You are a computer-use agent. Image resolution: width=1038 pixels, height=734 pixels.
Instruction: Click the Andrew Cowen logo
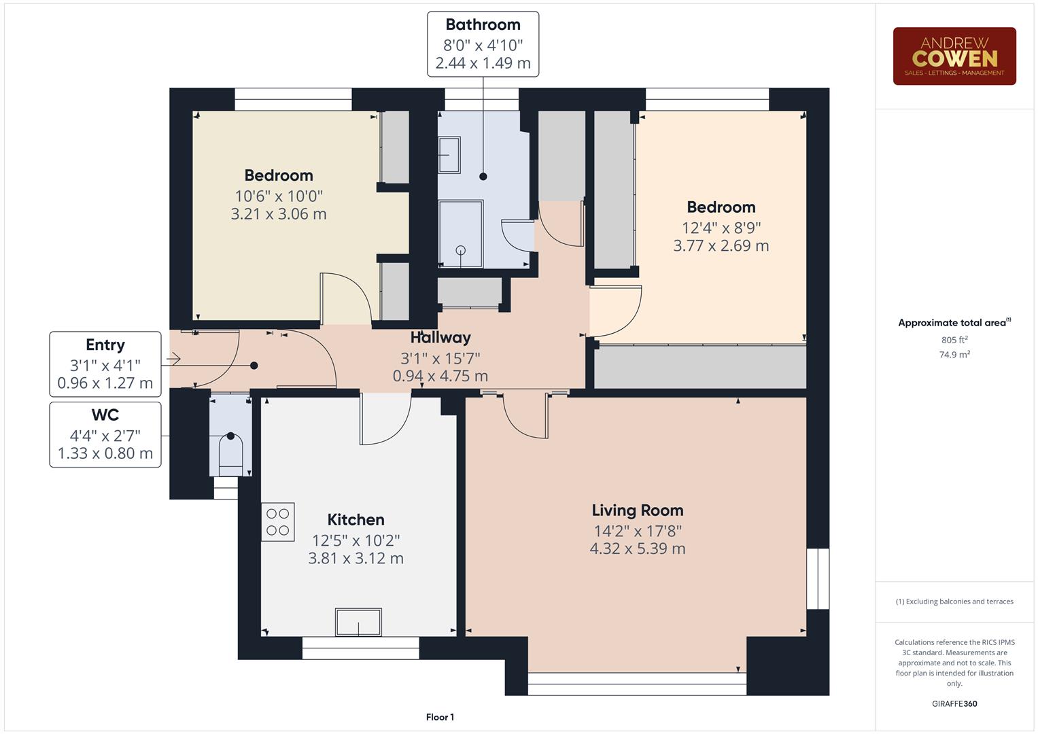(x=954, y=56)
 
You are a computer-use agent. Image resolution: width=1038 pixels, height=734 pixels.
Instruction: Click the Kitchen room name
(x=356, y=520)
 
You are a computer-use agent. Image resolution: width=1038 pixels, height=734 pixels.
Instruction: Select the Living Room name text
(x=637, y=510)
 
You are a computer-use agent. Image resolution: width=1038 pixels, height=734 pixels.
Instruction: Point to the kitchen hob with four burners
(x=278, y=522)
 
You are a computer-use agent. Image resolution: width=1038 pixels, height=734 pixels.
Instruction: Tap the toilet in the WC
(x=230, y=450)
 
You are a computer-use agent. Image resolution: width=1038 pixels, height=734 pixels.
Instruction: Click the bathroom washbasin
(x=449, y=155)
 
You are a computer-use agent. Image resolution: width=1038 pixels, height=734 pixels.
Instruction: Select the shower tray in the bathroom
(x=461, y=234)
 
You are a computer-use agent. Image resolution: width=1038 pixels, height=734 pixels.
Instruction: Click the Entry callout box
(x=105, y=364)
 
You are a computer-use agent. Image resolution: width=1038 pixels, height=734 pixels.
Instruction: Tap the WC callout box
(x=105, y=435)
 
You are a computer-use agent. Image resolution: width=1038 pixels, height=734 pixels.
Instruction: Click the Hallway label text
(x=440, y=338)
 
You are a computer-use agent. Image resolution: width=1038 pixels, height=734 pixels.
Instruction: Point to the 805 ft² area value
(x=954, y=340)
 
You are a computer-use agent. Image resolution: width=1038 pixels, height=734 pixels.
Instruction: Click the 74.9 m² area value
(x=954, y=355)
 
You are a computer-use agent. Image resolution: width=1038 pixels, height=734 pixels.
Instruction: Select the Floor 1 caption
(x=440, y=717)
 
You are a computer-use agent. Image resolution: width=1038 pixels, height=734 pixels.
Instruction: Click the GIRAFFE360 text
(x=954, y=703)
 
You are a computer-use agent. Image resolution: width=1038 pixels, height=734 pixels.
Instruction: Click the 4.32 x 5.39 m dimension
(x=637, y=548)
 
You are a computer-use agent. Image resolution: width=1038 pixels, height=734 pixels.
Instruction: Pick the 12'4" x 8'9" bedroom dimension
(x=721, y=228)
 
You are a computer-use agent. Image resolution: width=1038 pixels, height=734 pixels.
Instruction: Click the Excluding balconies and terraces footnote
(x=954, y=601)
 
